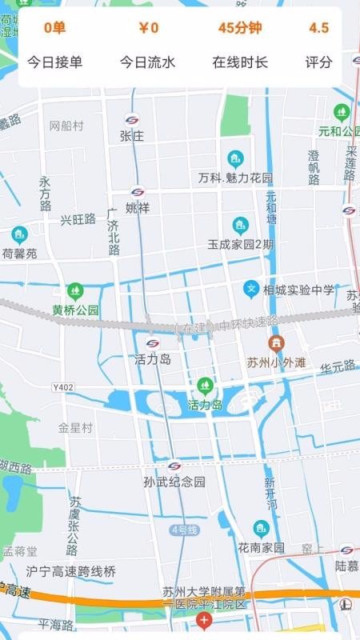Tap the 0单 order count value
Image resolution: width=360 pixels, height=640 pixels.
click(x=55, y=28)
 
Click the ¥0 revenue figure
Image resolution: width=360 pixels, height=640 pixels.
click(x=148, y=28)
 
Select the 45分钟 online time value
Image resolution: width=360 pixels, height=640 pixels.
click(x=240, y=28)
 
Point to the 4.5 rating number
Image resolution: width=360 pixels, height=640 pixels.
click(x=318, y=28)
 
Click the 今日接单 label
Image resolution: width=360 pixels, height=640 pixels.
click(x=55, y=62)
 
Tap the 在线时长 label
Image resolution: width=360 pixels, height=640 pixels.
click(x=240, y=62)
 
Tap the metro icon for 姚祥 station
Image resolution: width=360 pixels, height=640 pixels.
click(x=138, y=192)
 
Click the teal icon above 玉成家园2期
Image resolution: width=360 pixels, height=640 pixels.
click(x=240, y=225)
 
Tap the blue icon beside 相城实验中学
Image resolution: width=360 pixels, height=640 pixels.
click(x=251, y=288)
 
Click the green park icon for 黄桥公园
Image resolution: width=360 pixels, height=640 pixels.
click(x=75, y=290)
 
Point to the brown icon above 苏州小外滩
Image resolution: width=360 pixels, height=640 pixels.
click(x=276, y=343)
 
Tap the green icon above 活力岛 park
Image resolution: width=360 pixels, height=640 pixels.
click(x=205, y=386)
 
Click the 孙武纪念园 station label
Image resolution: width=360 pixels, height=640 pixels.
click(x=174, y=482)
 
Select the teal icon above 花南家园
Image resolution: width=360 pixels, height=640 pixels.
click(x=261, y=528)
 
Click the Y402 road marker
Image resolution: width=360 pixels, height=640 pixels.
click(x=63, y=387)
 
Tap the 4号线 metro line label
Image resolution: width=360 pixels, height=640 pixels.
click(x=183, y=530)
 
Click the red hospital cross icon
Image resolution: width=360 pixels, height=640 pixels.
click(x=205, y=621)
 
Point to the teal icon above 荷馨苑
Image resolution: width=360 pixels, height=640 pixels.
click(x=19, y=235)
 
